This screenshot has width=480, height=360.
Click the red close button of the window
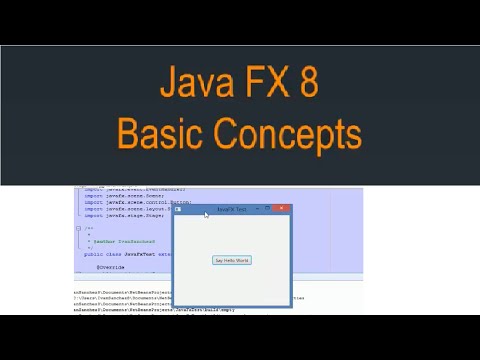[x=282, y=208]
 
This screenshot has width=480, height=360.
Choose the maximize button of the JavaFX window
[x=267, y=208]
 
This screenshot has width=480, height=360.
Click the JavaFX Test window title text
[x=231, y=208]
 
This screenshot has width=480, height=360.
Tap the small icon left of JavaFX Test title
[x=178, y=208]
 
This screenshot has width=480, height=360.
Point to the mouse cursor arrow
[x=206, y=215]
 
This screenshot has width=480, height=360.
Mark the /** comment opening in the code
[x=90, y=228]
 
